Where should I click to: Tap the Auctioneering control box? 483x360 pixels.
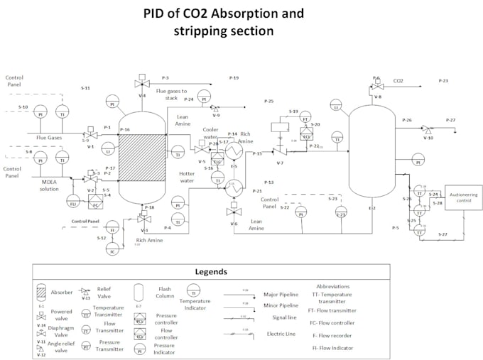coord(463,197)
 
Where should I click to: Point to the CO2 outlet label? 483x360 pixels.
coord(398,81)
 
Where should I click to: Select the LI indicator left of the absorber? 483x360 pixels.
coord(107,150)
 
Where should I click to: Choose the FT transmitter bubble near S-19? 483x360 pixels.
coord(306,120)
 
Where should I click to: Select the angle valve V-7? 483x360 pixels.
coord(279,151)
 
